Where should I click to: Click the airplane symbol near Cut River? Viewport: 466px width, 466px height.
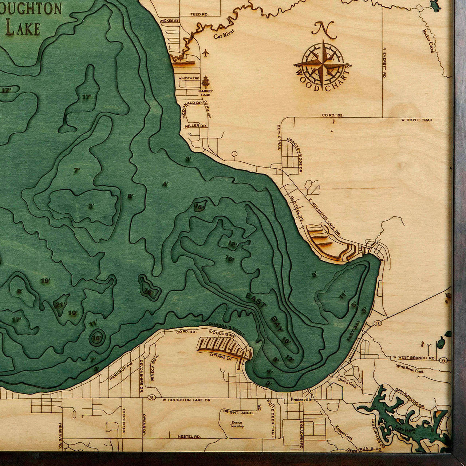[206, 53]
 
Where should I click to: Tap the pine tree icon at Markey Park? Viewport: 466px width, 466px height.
[206, 82]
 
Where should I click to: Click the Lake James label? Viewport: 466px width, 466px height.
[404, 430]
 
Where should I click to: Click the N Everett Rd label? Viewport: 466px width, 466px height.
[384, 62]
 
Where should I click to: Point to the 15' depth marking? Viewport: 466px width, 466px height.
[199, 207]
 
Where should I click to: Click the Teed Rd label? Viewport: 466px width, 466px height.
[199, 15]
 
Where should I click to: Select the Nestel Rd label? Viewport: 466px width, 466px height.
[189, 436]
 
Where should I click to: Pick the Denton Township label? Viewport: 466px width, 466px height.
[237, 424]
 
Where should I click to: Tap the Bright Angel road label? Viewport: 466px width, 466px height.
[236, 412]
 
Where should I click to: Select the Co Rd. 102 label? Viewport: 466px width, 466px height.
[332, 115]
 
